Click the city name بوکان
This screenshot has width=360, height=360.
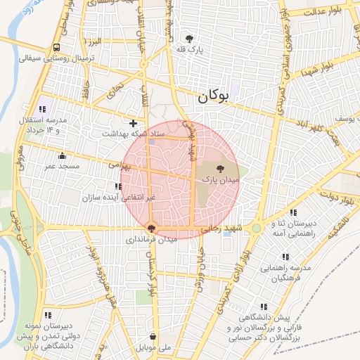tap(213, 98)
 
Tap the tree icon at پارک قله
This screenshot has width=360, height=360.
tap(189, 39)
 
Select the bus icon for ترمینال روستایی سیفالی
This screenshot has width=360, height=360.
tap(56, 48)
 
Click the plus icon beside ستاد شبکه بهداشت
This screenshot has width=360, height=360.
tap(133, 123)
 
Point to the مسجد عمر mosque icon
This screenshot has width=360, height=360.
tap(63, 156)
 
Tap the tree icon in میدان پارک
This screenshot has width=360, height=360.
tap(221, 169)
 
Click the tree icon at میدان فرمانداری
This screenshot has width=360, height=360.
tap(152, 228)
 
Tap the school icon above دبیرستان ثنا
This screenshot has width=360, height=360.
tap(293, 212)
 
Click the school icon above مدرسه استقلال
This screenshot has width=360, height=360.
tap(43, 109)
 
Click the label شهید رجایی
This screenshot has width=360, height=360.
tap(221, 229)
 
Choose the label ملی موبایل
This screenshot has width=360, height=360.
tap(155, 348)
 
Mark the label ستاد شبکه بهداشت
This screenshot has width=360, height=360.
tap(134, 134)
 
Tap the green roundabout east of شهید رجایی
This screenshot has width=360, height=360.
tap(257, 228)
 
